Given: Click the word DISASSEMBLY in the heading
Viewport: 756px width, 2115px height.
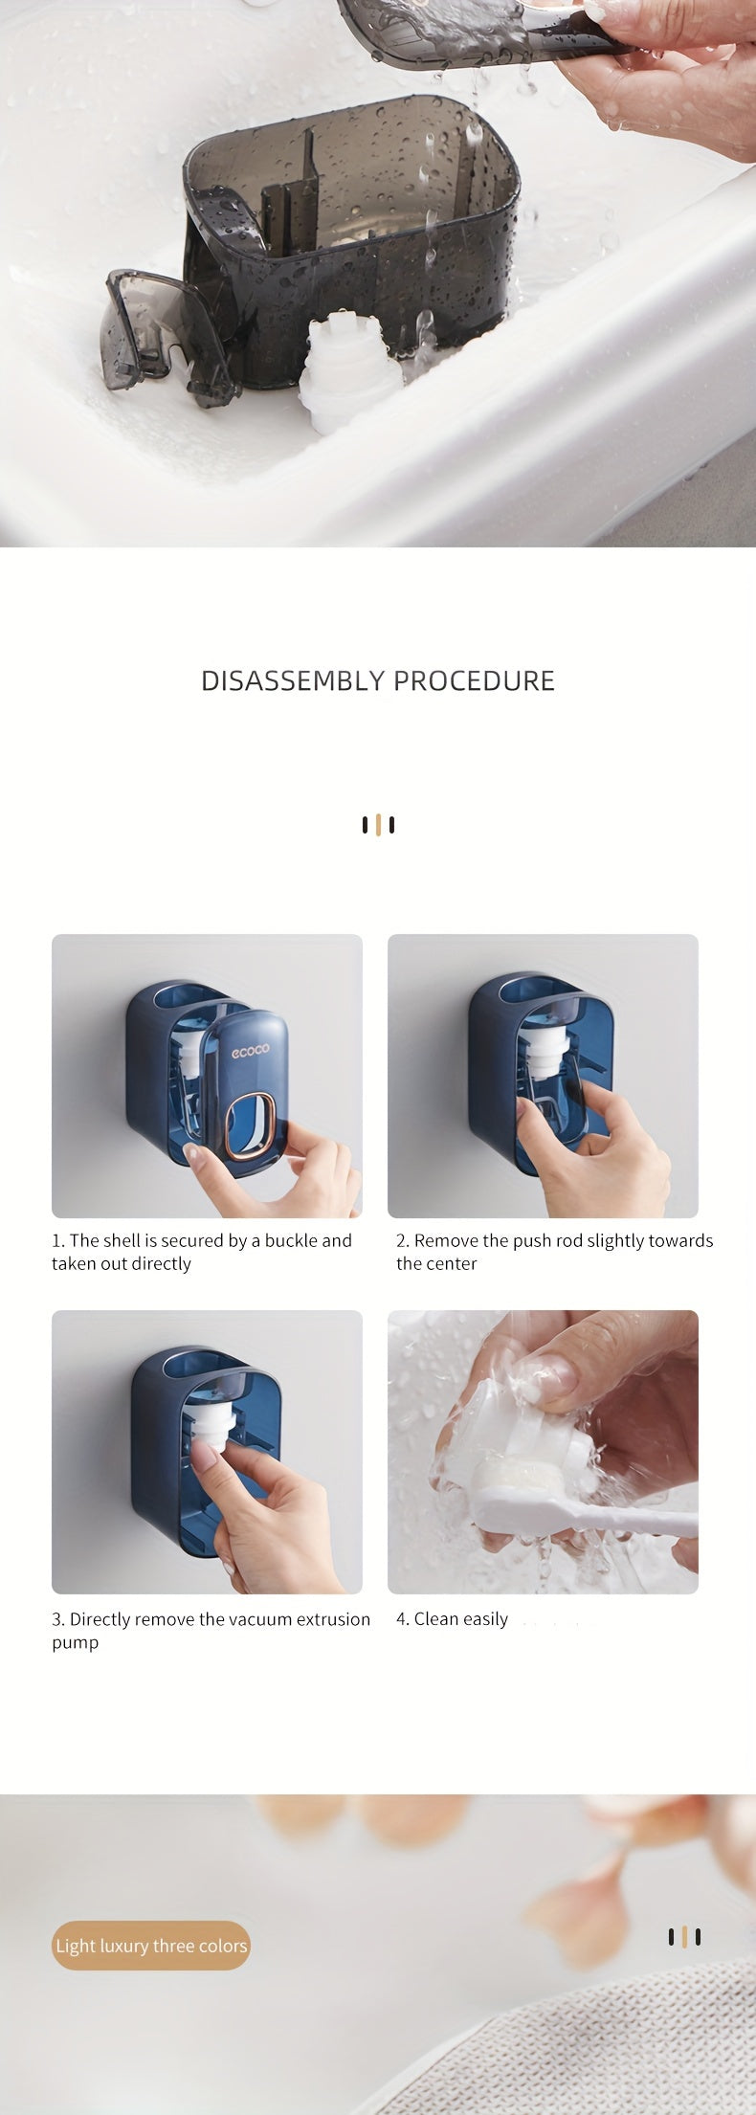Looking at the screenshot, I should click(293, 680).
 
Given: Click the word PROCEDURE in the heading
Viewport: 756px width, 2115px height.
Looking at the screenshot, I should click(474, 680).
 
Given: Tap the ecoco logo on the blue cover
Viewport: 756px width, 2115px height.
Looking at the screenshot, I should click(250, 1049).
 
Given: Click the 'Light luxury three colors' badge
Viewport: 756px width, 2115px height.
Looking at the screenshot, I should click(151, 1946).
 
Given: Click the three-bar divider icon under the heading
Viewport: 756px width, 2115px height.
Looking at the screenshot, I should click(378, 825).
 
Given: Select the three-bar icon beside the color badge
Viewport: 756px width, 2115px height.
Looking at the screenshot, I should click(684, 1937).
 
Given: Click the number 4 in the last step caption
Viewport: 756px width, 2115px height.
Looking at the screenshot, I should click(401, 1619).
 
